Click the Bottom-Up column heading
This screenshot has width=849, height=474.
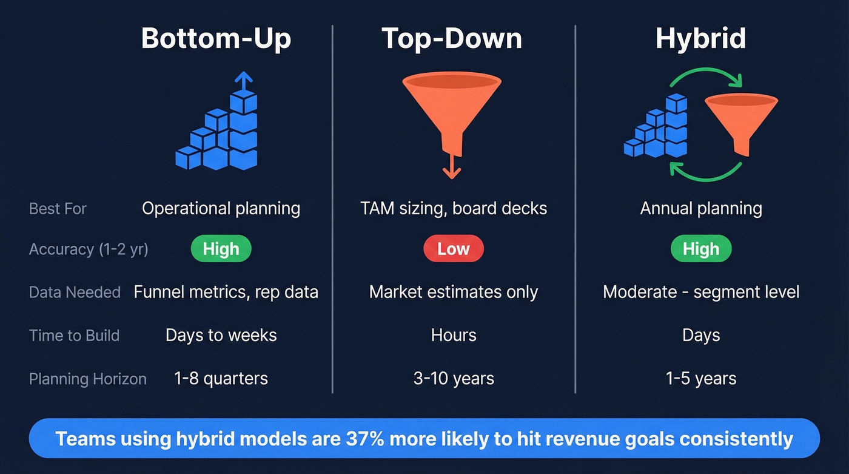pyautogui.click(x=216, y=38)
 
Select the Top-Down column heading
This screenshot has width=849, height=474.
pyautogui.click(x=452, y=38)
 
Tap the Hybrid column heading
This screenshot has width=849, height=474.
pyautogui.click(x=700, y=38)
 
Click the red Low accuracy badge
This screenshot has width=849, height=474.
pyautogui.click(x=453, y=249)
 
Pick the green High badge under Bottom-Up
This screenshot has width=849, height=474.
pyautogui.click(x=221, y=249)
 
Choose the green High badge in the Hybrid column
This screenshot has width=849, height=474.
pyautogui.click(x=701, y=249)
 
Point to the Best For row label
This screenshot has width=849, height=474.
pyautogui.click(x=58, y=209)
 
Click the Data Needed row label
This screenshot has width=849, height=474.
pyautogui.click(x=75, y=293)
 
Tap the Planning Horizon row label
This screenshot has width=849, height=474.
pyautogui.click(x=88, y=379)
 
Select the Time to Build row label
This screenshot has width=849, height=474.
pyautogui.click(x=74, y=336)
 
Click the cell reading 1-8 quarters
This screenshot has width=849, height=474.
pyautogui.click(x=221, y=379)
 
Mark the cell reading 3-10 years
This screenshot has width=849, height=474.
pyautogui.click(x=454, y=379)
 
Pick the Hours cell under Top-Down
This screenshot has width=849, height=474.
pyautogui.click(x=454, y=335)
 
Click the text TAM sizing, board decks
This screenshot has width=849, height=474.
pyautogui.click(x=454, y=208)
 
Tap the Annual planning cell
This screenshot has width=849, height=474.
pyautogui.click(x=701, y=208)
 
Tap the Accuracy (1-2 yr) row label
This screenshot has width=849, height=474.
pyautogui.click(x=89, y=249)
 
